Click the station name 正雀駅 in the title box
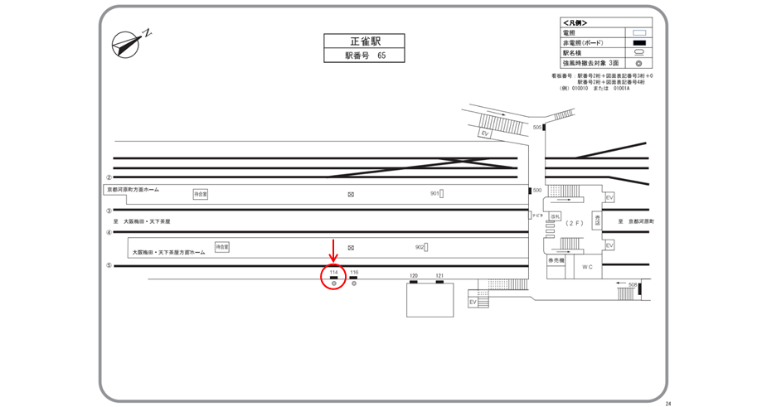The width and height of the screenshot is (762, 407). pos(364,41)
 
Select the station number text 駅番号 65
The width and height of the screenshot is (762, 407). pos(365,56)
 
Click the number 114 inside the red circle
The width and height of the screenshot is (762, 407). pos(333,272)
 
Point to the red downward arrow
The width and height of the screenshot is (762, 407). pos(333,250)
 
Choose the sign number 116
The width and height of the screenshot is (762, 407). pos(354,272)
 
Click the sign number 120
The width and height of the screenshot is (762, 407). pos(413,275)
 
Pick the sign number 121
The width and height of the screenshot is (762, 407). pos(439,275)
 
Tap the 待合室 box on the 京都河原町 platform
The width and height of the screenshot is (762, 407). pos(201,194)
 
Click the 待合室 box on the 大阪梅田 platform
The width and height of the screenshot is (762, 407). pos(221,247)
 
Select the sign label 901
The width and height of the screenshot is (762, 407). pos(434,194)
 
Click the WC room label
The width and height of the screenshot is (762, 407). pos(587,267)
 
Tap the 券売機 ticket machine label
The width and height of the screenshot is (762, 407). pos(555,261)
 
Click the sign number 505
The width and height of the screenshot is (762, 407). pos(537,127)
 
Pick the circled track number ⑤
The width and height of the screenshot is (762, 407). pos(109,266)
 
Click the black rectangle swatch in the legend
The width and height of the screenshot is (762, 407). pos(639,43)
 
